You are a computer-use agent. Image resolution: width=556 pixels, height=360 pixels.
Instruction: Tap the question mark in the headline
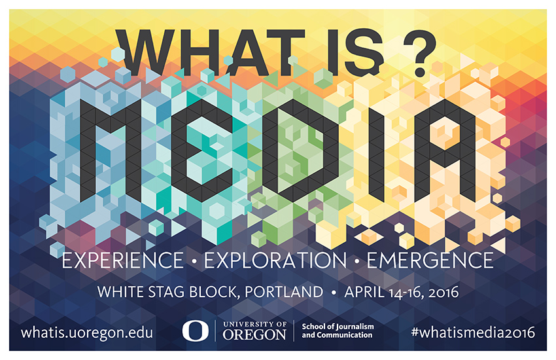click(419, 53)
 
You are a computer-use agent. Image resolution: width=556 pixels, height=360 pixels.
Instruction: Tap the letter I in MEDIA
click(377, 151)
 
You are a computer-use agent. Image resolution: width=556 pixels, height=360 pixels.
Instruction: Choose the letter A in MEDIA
click(445, 151)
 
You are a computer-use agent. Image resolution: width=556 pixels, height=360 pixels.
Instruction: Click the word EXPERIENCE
click(123, 261)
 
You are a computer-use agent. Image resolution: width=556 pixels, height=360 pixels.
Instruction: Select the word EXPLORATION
click(275, 261)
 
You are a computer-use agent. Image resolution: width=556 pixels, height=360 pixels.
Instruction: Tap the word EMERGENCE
click(430, 261)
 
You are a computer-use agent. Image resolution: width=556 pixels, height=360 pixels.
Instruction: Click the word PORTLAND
click(284, 292)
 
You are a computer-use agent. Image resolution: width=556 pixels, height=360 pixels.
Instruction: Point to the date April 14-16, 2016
click(402, 293)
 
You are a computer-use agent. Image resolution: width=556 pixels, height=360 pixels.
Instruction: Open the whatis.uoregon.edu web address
click(87, 333)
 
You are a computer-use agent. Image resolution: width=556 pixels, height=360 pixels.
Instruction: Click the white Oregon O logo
click(196, 331)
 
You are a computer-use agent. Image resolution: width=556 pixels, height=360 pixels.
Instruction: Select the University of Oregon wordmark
click(254, 331)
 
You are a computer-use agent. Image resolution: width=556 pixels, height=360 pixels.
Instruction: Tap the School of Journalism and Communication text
click(338, 331)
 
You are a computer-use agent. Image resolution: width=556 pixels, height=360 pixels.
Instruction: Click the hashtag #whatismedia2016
click(473, 333)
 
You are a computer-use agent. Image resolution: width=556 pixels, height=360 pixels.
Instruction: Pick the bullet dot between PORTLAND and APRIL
click(334, 293)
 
